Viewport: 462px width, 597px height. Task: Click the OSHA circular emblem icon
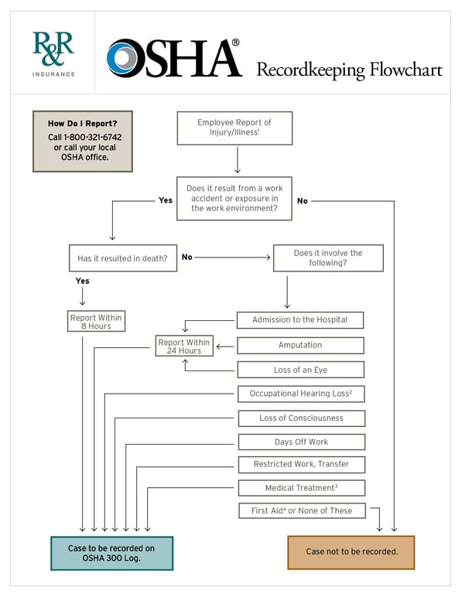click(122, 59)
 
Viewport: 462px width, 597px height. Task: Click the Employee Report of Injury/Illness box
click(234, 128)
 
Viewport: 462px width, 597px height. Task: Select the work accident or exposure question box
click(234, 199)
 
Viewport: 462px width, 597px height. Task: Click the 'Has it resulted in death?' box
click(122, 258)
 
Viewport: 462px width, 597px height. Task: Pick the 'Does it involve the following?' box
click(328, 258)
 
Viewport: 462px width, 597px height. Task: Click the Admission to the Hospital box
click(300, 319)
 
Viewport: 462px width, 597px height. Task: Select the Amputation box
click(300, 345)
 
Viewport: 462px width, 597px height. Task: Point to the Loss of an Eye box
click(300, 370)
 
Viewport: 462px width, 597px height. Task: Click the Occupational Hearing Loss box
click(300, 394)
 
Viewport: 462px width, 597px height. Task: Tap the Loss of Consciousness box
click(301, 418)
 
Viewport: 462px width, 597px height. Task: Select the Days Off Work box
click(301, 442)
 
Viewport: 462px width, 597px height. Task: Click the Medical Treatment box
click(301, 488)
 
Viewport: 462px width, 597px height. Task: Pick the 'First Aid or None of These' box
click(301, 510)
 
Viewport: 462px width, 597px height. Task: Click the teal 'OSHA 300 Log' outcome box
click(111, 553)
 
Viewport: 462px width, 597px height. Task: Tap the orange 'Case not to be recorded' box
click(351, 552)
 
